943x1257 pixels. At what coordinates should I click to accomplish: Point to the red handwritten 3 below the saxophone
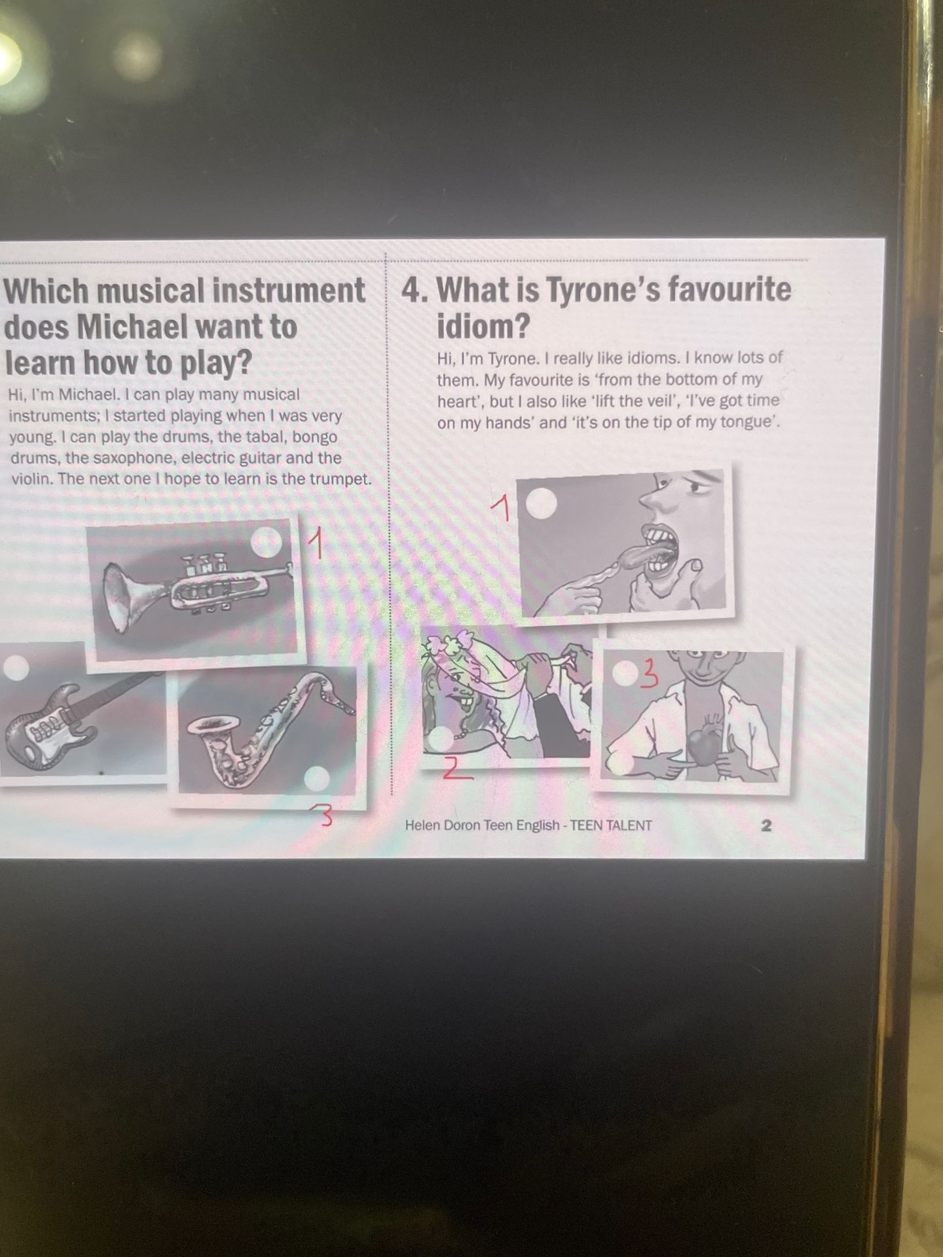coord(326,818)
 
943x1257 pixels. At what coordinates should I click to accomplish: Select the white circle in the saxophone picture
coord(318,779)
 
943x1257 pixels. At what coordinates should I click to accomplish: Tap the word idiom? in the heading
coord(483,325)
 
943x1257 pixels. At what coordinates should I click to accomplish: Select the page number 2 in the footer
coord(766,826)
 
